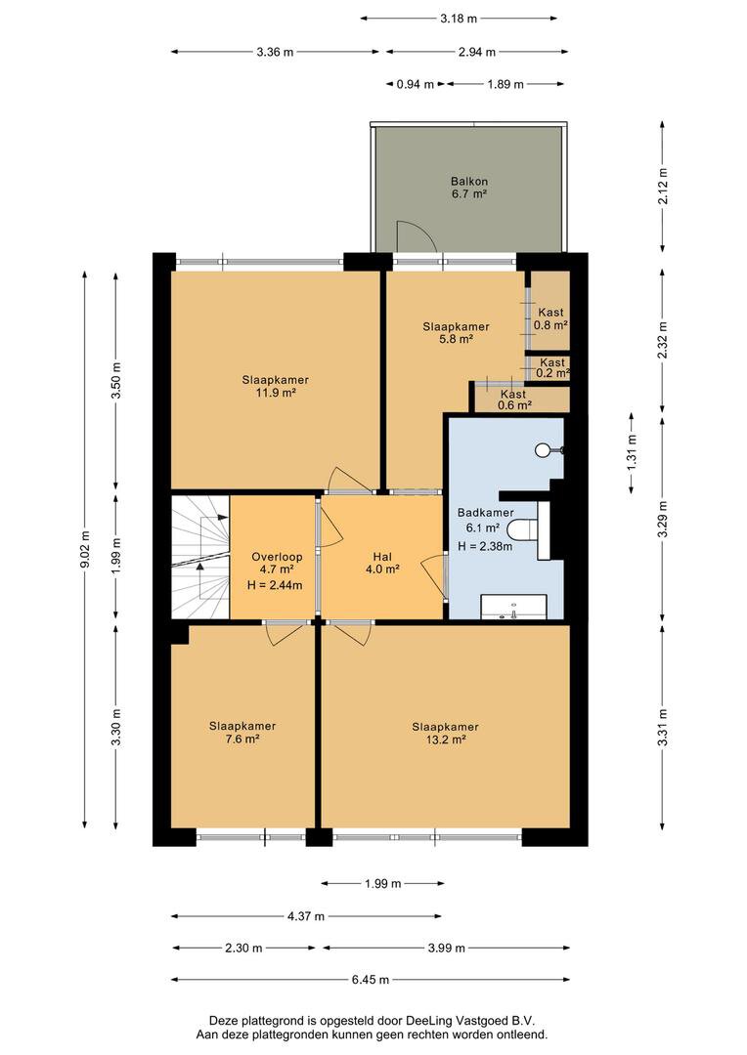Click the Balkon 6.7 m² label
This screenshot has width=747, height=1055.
(x=468, y=188)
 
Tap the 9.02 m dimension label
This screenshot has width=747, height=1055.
(x=85, y=550)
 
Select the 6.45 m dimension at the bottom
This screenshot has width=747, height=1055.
(x=371, y=980)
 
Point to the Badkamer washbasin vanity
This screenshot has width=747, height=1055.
(x=513, y=607)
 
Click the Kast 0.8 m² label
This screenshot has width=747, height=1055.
(x=551, y=318)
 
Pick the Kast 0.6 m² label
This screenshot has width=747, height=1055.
(x=514, y=400)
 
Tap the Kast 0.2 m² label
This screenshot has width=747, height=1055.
(x=552, y=367)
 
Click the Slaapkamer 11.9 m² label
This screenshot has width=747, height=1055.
(x=276, y=386)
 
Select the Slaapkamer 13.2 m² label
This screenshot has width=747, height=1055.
(x=445, y=733)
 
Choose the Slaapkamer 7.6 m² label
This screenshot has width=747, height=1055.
(x=242, y=732)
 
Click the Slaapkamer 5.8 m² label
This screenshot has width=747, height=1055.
(x=456, y=333)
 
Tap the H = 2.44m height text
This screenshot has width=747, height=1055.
(x=275, y=585)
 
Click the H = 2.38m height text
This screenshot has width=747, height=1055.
(x=485, y=546)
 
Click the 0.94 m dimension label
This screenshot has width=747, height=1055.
(x=415, y=84)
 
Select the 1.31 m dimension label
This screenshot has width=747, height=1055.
(x=632, y=453)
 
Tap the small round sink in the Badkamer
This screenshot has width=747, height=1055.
(x=544, y=450)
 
